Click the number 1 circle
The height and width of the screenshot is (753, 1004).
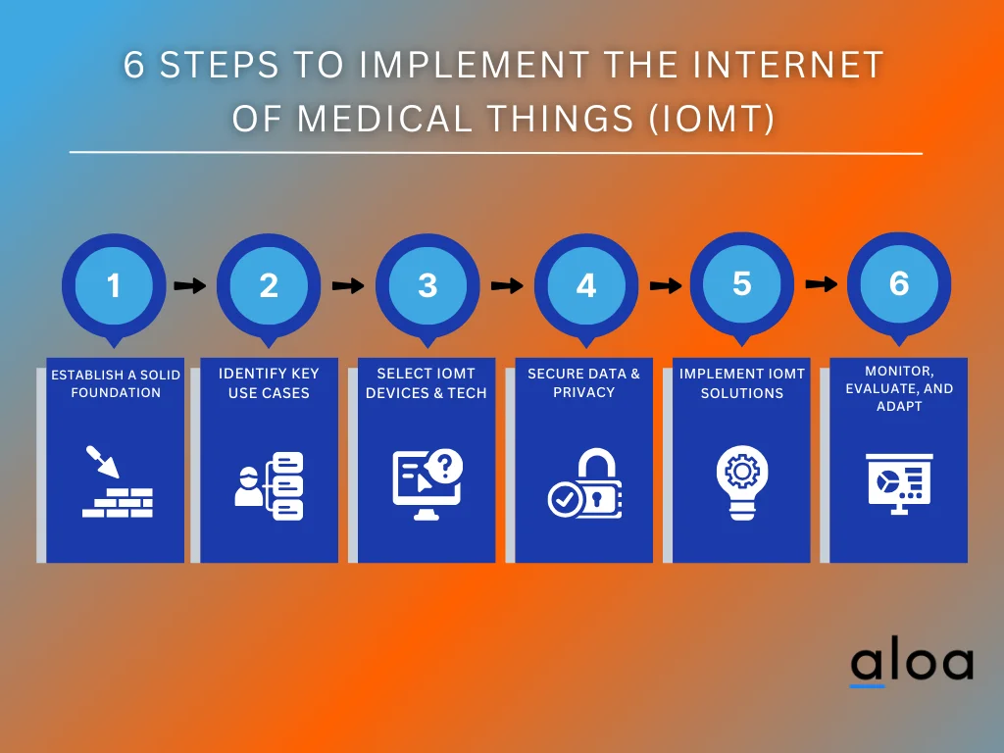pos(114,285)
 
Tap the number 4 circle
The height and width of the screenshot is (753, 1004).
pos(585,285)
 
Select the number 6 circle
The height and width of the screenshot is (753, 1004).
pos(898,283)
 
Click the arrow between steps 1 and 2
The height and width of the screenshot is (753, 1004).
pos(190,286)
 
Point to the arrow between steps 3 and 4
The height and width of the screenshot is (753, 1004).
pos(507,286)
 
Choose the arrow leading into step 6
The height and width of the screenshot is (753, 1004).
pos(821,284)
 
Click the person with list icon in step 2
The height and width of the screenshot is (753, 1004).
pos(270,485)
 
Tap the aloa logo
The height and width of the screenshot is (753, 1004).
pos(911,664)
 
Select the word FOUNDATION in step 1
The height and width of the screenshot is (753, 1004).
pos(116,392)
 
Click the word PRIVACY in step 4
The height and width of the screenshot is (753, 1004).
pos(584,392)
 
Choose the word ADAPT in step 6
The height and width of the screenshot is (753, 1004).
pos(899,406)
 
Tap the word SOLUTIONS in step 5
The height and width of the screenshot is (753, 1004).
pos(741,393)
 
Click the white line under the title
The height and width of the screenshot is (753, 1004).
pos(495,153)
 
